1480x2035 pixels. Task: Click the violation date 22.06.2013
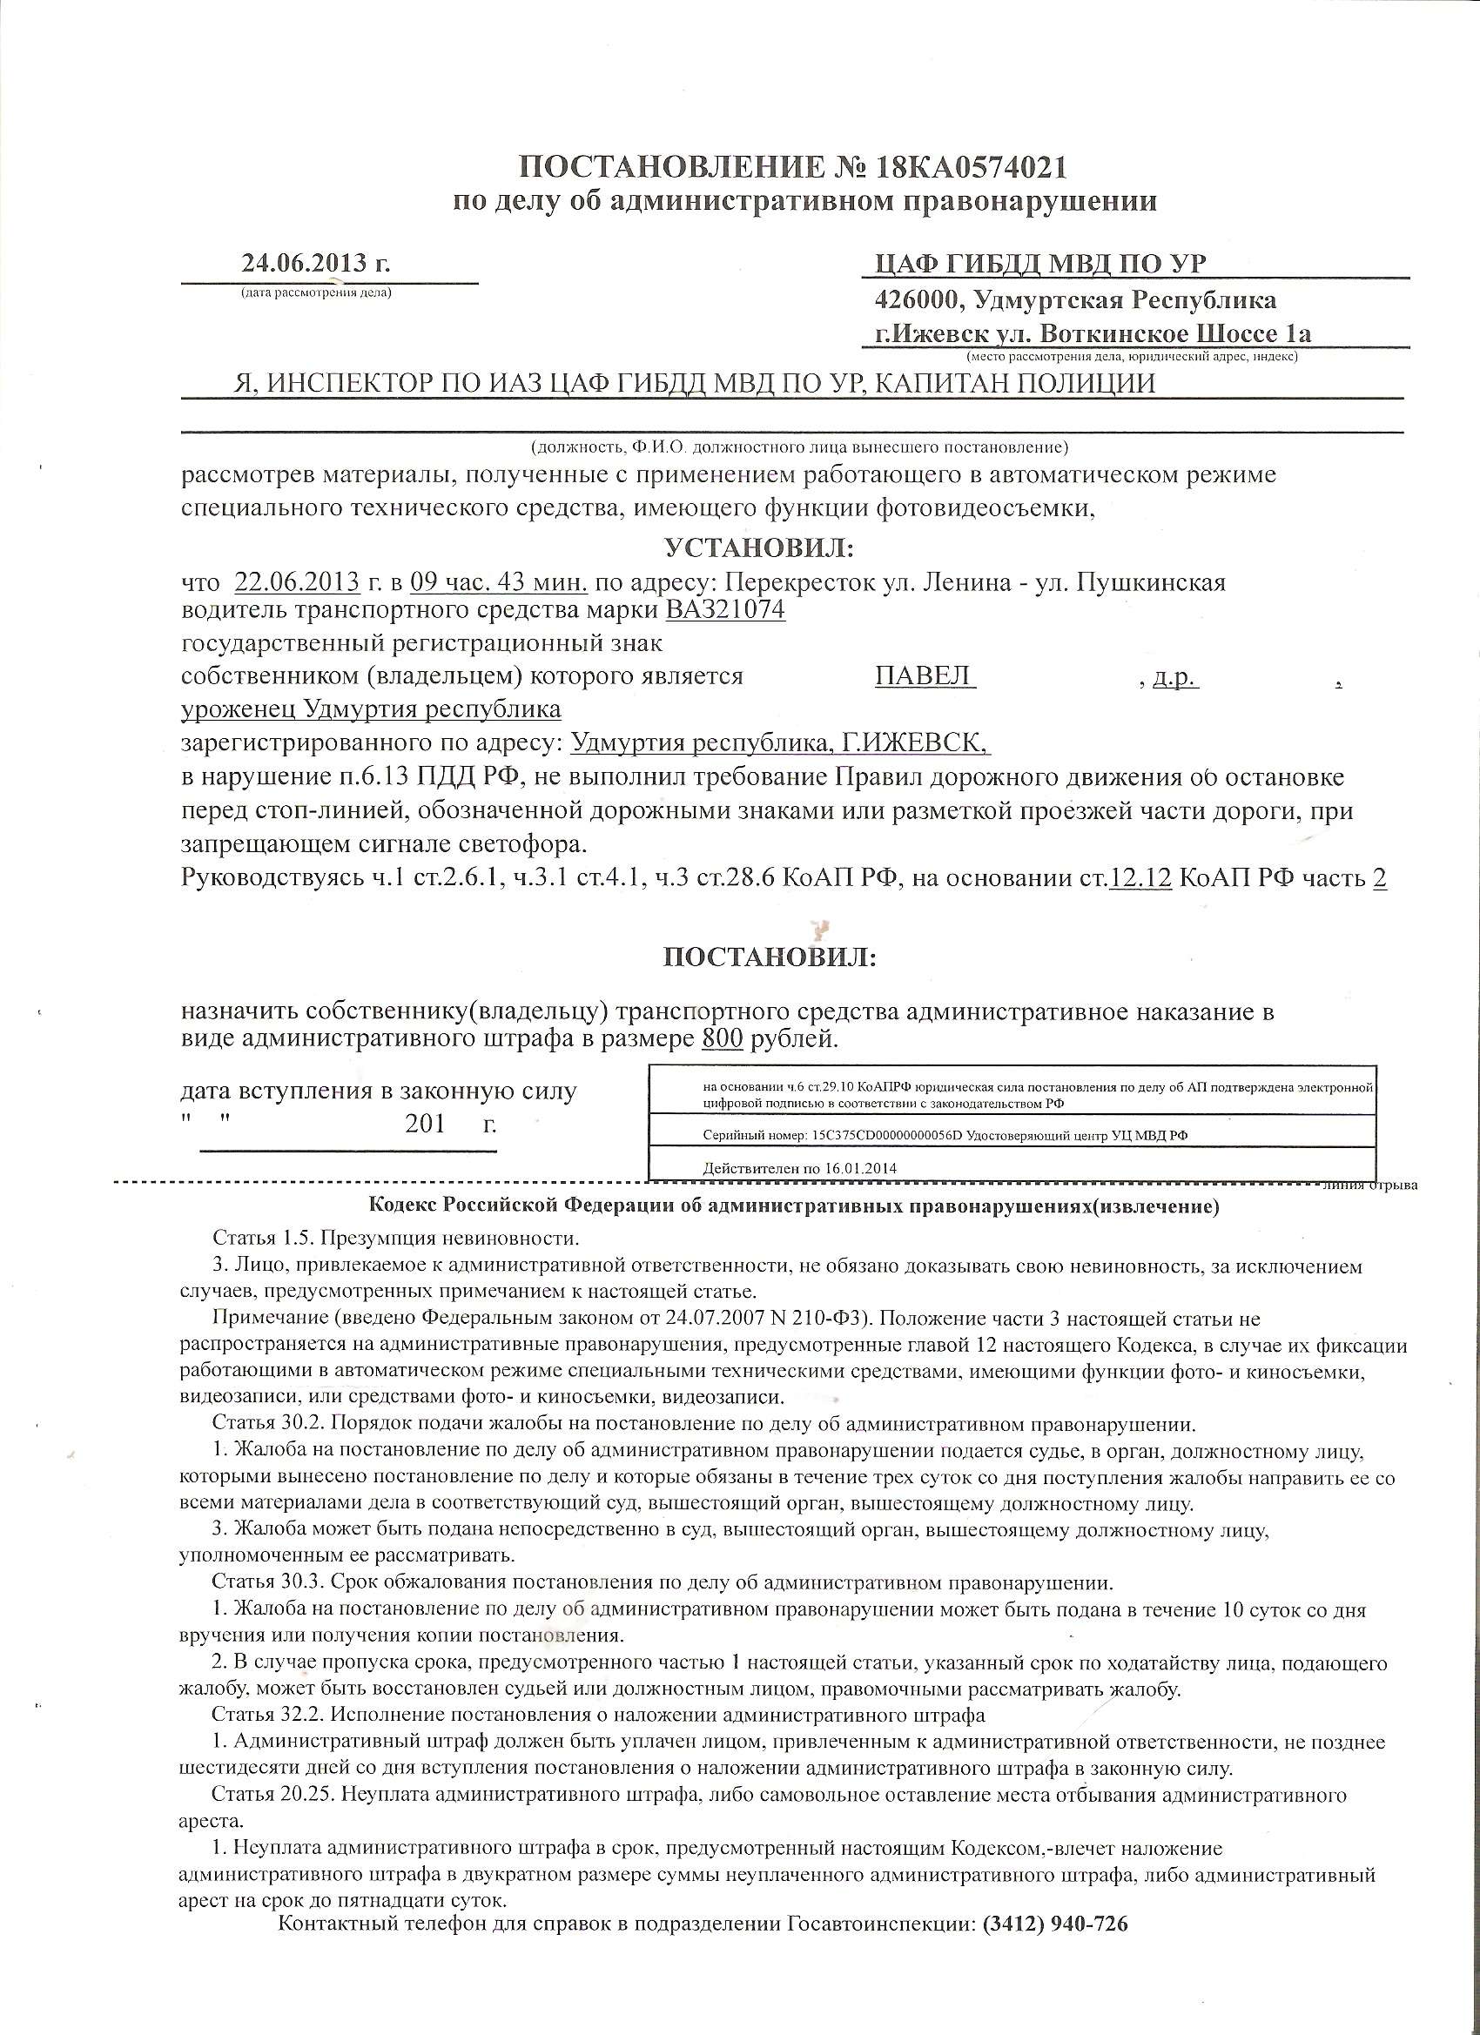(295, 582)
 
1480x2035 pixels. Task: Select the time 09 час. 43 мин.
(499, 582)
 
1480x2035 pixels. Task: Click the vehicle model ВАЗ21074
(725, 610)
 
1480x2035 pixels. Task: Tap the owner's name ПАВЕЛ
(925, 675)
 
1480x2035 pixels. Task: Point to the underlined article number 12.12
(1140, 877)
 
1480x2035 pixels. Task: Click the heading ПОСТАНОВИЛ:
(770, 957)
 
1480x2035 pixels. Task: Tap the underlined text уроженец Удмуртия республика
(371, 709)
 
